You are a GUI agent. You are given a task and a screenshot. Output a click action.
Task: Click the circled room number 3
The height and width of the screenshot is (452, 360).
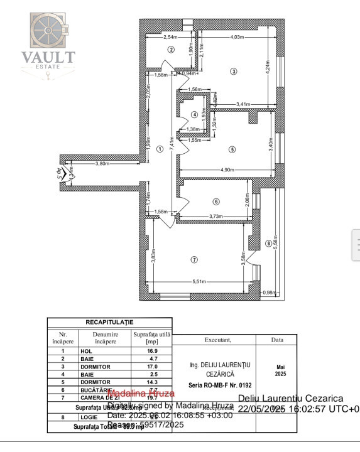pos(234,72)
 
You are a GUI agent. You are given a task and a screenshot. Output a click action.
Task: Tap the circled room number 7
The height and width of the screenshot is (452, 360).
pos(194,259)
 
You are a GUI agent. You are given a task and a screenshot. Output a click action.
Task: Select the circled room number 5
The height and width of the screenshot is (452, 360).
pos(232,149)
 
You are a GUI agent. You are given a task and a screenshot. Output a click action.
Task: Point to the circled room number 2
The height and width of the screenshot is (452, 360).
pos(170,50)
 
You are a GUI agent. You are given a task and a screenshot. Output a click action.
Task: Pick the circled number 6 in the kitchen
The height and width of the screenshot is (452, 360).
pos(216,202)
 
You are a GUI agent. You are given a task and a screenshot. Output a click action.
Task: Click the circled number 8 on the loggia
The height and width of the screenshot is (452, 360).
pos(268,243)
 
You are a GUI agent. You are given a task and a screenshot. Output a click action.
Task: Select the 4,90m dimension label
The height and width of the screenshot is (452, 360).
pos(227,169)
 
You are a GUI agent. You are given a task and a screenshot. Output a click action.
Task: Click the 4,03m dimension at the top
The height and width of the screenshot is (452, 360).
pos(237,37)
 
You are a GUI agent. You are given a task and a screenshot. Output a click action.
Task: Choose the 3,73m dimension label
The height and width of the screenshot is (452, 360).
pos(215,217)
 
